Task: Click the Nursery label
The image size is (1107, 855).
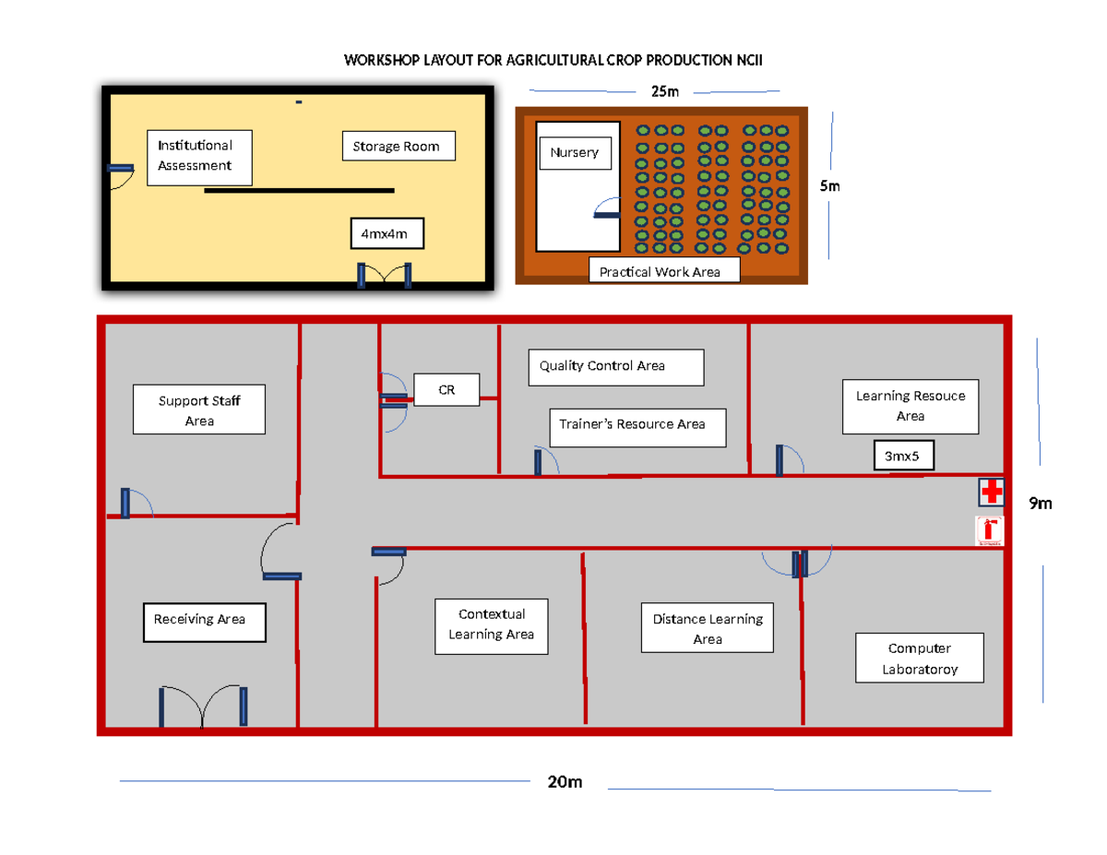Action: (x=575, y=153)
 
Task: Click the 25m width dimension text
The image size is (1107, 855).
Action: (x=664, y=91)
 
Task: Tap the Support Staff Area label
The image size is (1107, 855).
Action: (x=199, y=410)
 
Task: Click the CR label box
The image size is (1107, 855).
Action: (x=446, y=390)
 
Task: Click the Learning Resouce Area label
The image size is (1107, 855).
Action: (x=910, y=406)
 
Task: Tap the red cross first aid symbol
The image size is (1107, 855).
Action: (x=992, y=493)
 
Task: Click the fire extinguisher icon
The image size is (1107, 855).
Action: (x=989, y=530)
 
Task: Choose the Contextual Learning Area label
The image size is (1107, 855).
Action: (x=491, y=624)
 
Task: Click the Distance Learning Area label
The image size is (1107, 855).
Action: (x=708, y=628)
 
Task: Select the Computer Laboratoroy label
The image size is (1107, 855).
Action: (x=919, y=658)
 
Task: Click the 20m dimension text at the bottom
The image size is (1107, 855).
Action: (x=565, y=782)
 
